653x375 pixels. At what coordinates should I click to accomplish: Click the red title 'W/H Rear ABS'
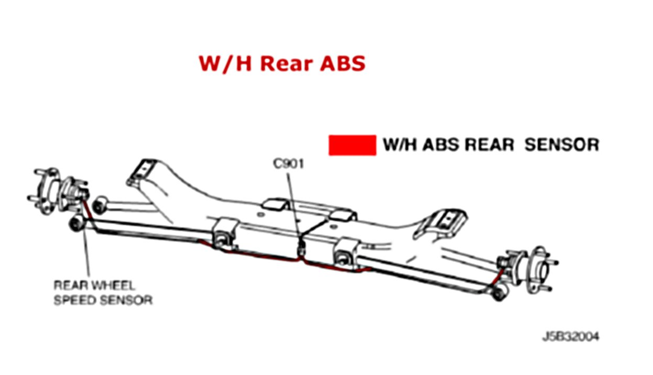[281, 63]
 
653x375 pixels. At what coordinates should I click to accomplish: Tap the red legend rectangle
[352, 145]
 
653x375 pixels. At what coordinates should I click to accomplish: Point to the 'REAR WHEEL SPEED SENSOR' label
[103, 293]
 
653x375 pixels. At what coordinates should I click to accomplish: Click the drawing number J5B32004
[570, 336]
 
